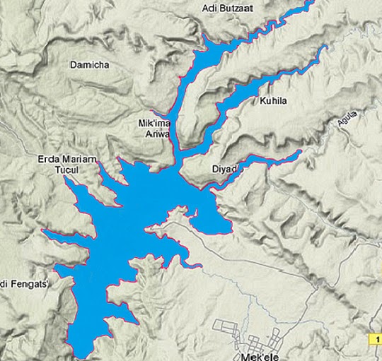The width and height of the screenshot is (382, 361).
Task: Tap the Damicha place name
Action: coord(90,65)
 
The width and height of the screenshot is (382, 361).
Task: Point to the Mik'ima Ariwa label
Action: coord(154,128)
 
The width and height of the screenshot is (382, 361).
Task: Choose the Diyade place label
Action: coord(227,170)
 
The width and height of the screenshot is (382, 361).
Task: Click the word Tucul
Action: coord(64,170)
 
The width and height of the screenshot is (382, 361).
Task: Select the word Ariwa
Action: coord(154,133)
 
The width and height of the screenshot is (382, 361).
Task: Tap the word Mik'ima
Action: coord(154,123)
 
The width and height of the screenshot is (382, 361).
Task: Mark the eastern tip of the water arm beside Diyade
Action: coord(301,151)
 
